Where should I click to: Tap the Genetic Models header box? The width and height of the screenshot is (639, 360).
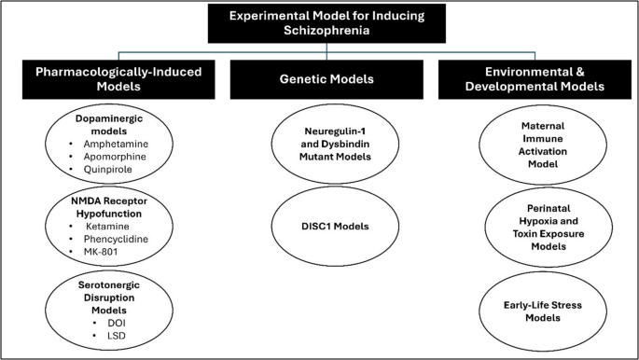point(318,79)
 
